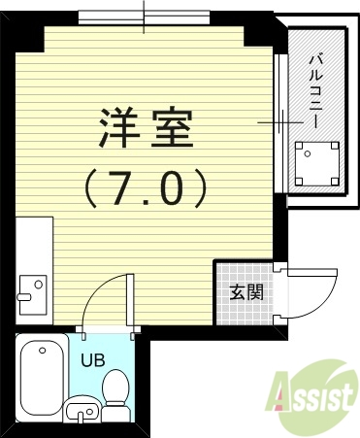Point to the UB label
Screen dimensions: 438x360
tap(91, 360)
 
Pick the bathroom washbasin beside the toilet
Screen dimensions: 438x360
tap(81, 411)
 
